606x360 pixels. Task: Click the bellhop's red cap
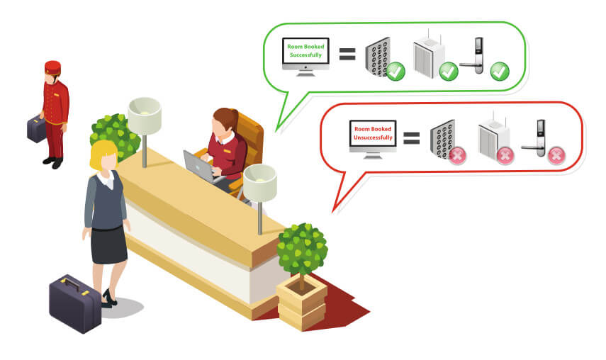coord(52,67)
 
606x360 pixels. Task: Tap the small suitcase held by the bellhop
coord(36,128)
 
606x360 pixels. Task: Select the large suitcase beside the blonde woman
coord(75,303)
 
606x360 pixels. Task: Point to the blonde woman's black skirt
coord(108,245)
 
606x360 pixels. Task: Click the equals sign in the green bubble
coord(347,55)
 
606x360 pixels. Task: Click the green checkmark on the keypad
coord(395,71)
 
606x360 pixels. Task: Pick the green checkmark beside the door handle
coord(500,71)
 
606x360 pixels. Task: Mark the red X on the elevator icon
coord(505,154)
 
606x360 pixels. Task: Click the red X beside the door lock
coord(556,155)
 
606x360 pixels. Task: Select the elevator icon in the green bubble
coord(429,57)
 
